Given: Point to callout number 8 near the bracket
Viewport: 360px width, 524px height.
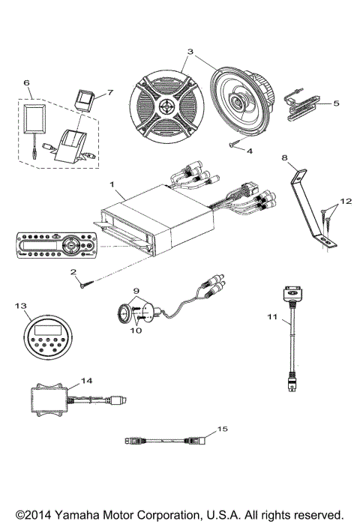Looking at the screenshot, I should (x=285, y=157).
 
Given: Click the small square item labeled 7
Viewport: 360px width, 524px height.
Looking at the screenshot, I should (x=84, y=97).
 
